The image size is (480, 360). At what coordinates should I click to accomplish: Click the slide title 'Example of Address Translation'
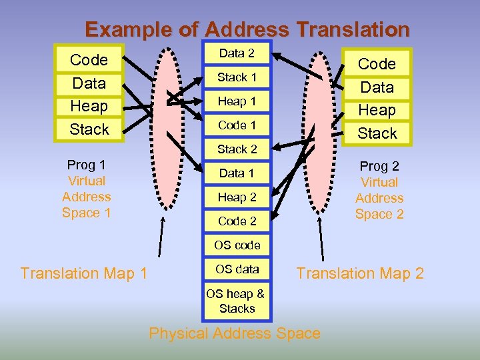[247, 30]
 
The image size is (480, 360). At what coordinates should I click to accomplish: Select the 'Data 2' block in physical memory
[237, 53]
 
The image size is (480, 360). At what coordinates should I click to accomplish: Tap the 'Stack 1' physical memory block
[237, 77]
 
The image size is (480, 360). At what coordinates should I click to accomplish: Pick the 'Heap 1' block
[237, 101]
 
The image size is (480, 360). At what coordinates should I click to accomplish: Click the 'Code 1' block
[237, 125]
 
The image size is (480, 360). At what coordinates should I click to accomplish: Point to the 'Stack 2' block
[237, 149]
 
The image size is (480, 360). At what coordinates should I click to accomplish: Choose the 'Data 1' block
[237, 173]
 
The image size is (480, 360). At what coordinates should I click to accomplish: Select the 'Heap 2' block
[237, 197]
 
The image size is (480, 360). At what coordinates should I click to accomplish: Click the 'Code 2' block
[237, 221]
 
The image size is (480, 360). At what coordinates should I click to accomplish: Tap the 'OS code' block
[237, 245]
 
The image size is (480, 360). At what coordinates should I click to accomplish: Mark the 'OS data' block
[237, 269]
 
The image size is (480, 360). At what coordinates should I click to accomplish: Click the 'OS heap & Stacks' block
[236, 300]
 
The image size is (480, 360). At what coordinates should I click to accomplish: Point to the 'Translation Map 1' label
[84, 273]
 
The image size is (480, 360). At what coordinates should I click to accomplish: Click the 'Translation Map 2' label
[360, 273]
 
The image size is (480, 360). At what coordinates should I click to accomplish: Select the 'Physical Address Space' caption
[235, 333]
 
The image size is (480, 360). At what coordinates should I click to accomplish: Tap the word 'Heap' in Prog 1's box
[89, 106]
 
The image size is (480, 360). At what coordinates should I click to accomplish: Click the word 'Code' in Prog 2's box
[377, 64]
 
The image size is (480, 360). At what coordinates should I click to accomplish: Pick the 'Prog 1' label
[87, 165]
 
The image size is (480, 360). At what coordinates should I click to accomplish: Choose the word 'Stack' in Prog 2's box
[377, 133]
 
